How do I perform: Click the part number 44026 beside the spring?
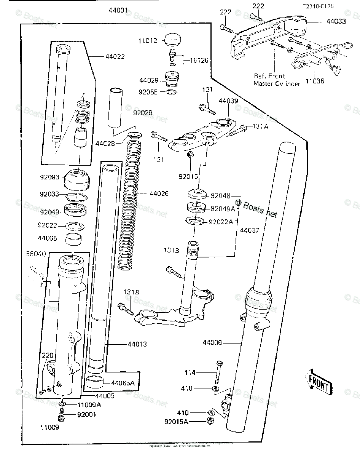coord(159,194)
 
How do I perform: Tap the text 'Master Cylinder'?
coord(277,83)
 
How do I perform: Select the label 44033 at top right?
coord(336,21)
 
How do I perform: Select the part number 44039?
coord(228,101)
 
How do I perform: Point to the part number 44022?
coord(115,57)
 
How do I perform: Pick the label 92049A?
coord(223,208)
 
